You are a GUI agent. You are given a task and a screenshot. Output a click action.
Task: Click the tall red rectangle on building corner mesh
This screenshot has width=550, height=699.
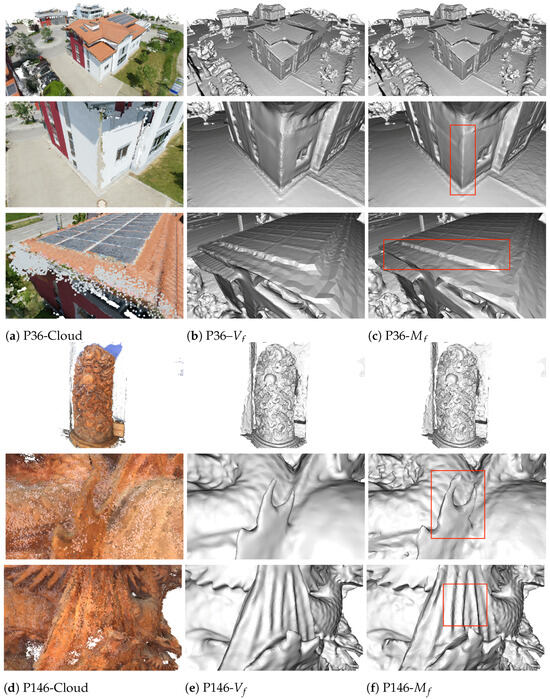(x=463, y=159)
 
